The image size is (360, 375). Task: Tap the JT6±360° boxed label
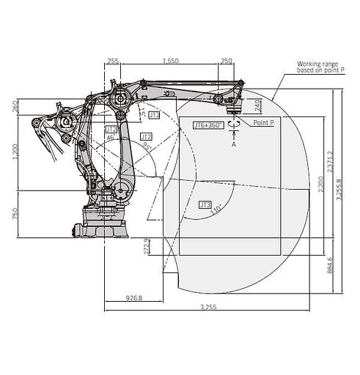coord(207,125)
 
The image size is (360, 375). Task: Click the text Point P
coord(263,124)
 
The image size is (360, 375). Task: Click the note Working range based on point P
coord(317,67)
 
